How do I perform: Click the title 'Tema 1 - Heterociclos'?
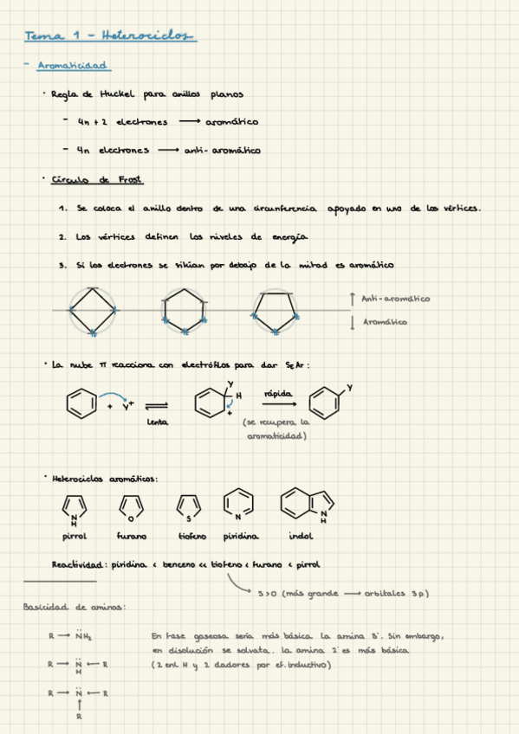pyautogui.click(x=110, y=35)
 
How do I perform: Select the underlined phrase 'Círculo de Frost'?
pyautogui.click(x=97, y=179)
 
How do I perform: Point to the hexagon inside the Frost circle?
pyautogui.click(x=183, y=311)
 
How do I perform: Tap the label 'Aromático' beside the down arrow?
pyautogui.click(x=386, y=322)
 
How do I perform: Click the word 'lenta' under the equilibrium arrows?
pyautogui.click(x=157, y=422)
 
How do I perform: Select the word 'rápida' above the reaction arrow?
pyautogui.click(x=279, y=393)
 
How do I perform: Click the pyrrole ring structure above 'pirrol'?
pyautogui.click(x=75, y=506)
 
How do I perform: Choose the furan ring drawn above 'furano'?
pyautogui.click(x=131, y=506)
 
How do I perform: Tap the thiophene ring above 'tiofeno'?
pyautogui.click(x=188, y=506)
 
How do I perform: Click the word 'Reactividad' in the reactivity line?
pyautogui.click(x=79, y=564)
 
